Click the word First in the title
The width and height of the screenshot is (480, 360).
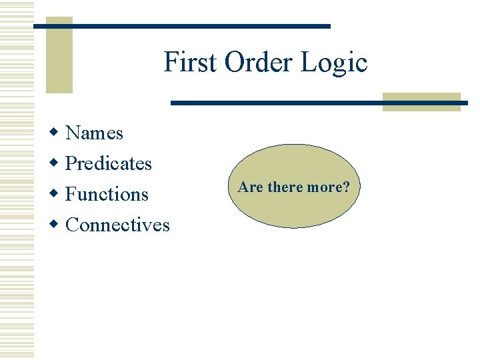pyautogui.click(x=191, y=63)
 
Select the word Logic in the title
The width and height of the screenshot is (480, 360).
pyautogui.click(x=334, y=63)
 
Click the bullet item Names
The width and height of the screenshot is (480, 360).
pyautogui.click(x=95, y=133)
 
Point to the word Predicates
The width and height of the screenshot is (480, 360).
pyautogui.click(x=109, y=164)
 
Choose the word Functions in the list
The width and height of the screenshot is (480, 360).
pyautogui.click(x=107, y=195)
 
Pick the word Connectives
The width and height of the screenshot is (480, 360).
pyautogui.click(x=118, y=225)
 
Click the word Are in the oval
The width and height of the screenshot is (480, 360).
pyautogui.click(x=251, y=187)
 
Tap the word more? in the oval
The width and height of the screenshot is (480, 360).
pyautogui.click(x=329, y=187)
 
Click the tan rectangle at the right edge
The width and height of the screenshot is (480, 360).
pyautogui.click(x=421, y=101)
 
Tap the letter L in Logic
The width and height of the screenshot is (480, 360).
pyautogui.click(x=307, y=63)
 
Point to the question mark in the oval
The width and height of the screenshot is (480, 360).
pyautogui.click(x=347, y=187)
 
